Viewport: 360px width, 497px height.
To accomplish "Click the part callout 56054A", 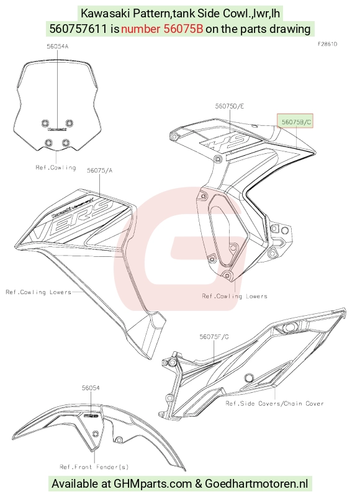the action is tap(57, 47).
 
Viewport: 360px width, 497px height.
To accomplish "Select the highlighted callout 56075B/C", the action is tap(295, 122).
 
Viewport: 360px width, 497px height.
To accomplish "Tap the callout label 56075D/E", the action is tap(230, 106).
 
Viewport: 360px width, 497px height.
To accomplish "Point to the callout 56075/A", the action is tap(99, 171).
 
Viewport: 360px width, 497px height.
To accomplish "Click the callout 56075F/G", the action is tap(214, 337).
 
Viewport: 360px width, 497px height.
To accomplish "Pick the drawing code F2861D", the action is tap(327, 44).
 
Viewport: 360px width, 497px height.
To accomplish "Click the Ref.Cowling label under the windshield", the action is tap(56, 168).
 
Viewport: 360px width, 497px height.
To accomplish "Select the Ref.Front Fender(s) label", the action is tap(94, 467).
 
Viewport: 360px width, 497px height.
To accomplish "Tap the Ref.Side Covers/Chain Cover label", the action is tap(275, 403).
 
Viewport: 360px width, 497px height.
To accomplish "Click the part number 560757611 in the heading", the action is tap(78, 29).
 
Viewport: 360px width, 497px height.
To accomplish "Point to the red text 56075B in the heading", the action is tap(183, 29).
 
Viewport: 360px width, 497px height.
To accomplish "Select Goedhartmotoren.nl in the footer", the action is tap(256, 484).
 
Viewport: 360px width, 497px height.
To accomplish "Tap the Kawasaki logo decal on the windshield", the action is tap(57, 129).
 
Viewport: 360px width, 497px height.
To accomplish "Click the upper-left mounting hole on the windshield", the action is tap(45, 123).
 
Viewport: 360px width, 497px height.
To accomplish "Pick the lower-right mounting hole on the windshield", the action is tap(66, 143).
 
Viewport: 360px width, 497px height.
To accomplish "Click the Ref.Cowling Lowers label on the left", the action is tap(38, 292).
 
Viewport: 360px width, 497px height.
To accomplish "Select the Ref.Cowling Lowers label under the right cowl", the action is tap(235, 297).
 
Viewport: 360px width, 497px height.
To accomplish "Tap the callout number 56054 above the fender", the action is tap(91, 388).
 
